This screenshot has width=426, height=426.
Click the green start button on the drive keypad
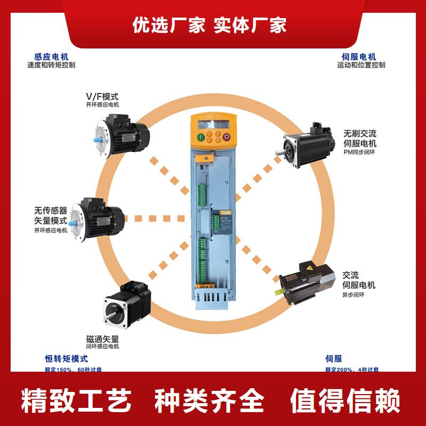pos(201,137)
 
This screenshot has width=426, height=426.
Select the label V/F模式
pos(102,96)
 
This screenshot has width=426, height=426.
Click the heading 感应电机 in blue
pos(51,56)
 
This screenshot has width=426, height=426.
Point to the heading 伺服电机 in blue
pos(359,56)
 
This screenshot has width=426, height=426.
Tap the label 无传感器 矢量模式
pos(51,216)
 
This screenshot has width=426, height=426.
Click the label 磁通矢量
pos(102,339)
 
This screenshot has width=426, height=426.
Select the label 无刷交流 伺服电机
pos(361,138)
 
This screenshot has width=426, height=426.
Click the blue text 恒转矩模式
pos(66,359)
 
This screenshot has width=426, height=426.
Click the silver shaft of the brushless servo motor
pos(278,154)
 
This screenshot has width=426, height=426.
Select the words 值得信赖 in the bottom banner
pos(345,400)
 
